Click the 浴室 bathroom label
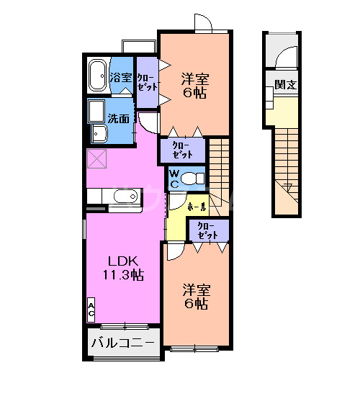(121, 78)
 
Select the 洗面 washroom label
(119, 118)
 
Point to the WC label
(175, 178)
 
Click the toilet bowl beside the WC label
(193, 178)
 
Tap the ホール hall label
(197, 207)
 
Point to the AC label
(91, 310)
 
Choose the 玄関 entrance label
(286, 85)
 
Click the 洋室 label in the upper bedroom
(194, 78)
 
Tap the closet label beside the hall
(208, 231)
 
